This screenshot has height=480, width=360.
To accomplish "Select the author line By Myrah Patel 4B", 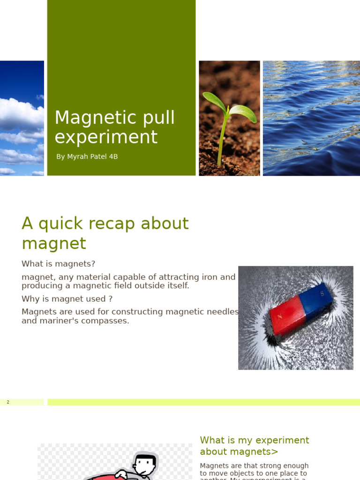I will (x=87, y=157).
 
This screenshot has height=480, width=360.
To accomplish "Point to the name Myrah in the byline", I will (x=78, y=157).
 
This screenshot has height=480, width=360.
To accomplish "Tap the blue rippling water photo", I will (x=311, y=118).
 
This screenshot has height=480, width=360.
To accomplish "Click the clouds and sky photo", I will (x=22, y=118).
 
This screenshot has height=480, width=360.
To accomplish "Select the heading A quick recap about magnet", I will (x=105, y=233).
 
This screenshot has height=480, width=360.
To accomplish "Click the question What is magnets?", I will (x=58, y=264).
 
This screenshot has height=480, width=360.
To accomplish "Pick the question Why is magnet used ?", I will (x=67, y=299).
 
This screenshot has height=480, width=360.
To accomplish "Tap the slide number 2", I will (x=8, y=402).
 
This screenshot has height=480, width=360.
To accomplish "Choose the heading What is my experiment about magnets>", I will (x=254, y=446).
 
